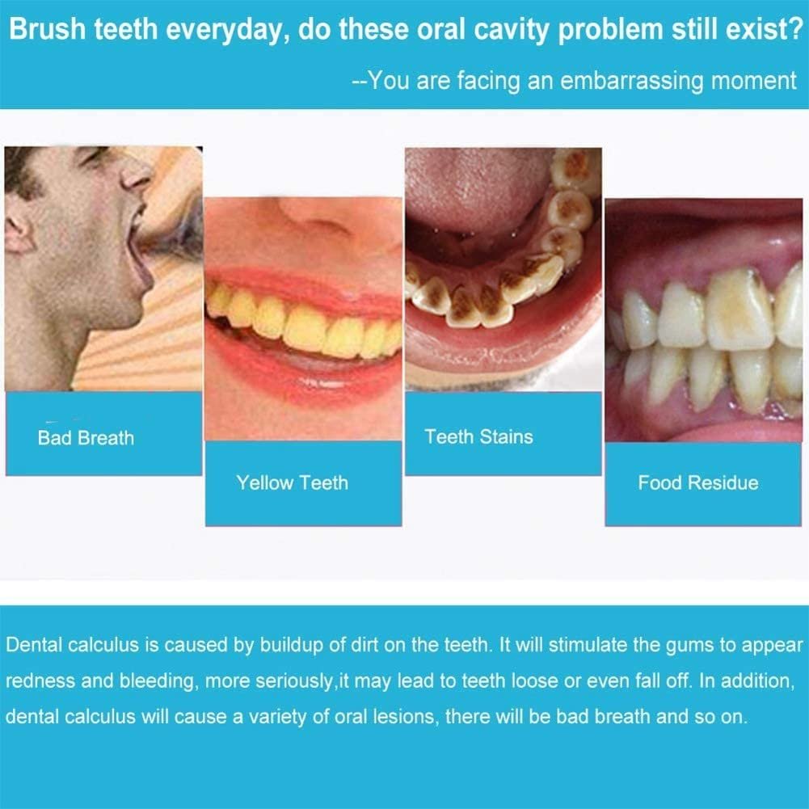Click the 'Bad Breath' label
click(x=86, y=438)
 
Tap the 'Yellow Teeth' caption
click(x=292, y=483)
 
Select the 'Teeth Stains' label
click(x=478, y=437)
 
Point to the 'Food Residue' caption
click(x=698, y=483)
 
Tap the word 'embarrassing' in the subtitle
click(x=631, y=81)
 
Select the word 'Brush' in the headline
click(x=47, y=29)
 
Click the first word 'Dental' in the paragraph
click(x=34, y=645)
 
